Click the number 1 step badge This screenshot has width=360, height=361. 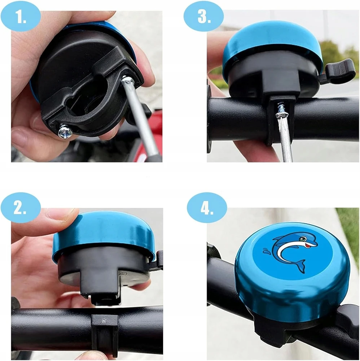21,17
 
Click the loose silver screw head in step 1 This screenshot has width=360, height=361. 65,132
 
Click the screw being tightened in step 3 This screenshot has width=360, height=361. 282,108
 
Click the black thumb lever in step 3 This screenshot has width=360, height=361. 340,71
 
